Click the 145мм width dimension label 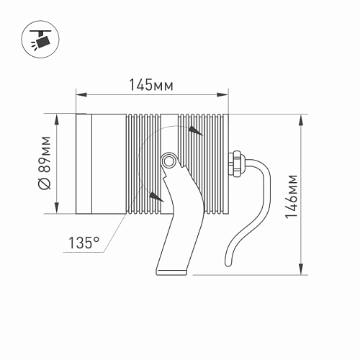[151, 85]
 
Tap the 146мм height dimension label [291, 197]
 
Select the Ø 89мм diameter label [45, 163]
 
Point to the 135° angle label [84, 243]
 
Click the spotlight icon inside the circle [40, 40]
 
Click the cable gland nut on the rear [235, 163]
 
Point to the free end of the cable [228, 264]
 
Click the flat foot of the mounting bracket [171, 272]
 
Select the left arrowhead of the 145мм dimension [81, 94]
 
